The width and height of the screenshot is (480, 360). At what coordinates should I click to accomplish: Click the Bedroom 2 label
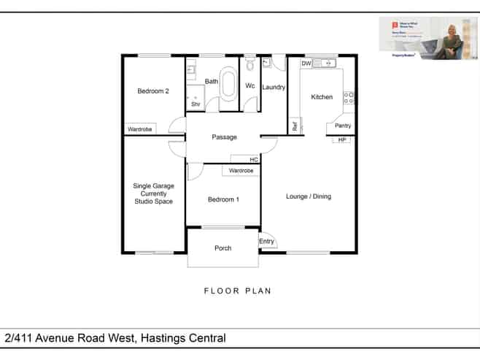[x=153, y=91]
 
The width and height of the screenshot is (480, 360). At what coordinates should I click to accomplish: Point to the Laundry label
[x=274, y=88]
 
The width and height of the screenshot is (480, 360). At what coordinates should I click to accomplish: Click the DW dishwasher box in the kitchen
[x=306, y=64]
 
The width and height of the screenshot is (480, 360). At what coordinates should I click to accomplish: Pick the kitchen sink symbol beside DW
[x=324, y=64]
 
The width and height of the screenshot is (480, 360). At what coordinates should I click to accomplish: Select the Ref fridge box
[x=295, y=126]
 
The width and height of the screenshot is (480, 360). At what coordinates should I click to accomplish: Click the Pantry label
[x=343, y=126]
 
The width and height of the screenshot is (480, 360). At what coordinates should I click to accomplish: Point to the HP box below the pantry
[x=341, y=139]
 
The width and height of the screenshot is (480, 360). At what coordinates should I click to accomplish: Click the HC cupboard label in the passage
[x=254, y=159]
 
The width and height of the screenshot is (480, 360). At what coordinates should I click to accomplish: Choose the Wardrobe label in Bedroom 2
[x=140, y=129]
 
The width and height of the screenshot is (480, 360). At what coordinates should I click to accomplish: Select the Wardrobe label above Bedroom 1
[x=241, y=171]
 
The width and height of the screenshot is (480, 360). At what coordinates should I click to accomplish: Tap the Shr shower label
[x=196, y=104]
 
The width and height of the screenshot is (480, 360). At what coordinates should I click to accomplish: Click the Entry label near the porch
[x=267, y=242]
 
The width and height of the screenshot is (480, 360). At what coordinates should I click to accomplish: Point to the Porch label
[x=222, y=248]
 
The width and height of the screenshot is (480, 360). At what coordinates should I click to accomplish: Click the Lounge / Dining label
[x=309, y=196]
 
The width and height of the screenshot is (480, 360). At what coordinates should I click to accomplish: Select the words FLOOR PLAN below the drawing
[x=237, y=291]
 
